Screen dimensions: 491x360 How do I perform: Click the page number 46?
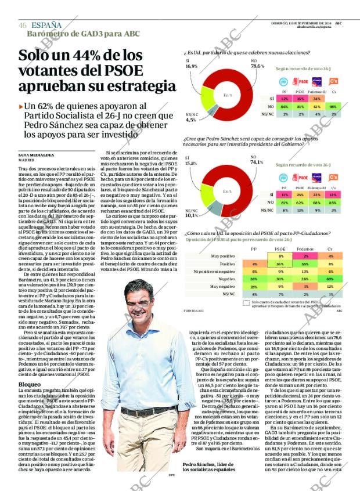click(22, 26)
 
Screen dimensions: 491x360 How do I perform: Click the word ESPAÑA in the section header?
click(46, 25)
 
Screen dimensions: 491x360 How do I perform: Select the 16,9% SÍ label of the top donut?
click(191, 66)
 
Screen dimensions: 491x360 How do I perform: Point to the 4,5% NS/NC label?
click(191, 120)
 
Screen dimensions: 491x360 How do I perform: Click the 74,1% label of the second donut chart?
click(257, 162)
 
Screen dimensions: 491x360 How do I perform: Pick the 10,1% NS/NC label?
click(191, 215)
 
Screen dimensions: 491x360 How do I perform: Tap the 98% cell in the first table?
click(333, 107)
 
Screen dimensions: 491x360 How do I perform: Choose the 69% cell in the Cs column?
click(330, 279)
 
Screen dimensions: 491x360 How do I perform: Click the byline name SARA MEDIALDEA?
click(33, 156)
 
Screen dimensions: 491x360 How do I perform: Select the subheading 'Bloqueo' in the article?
click(30, 384)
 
